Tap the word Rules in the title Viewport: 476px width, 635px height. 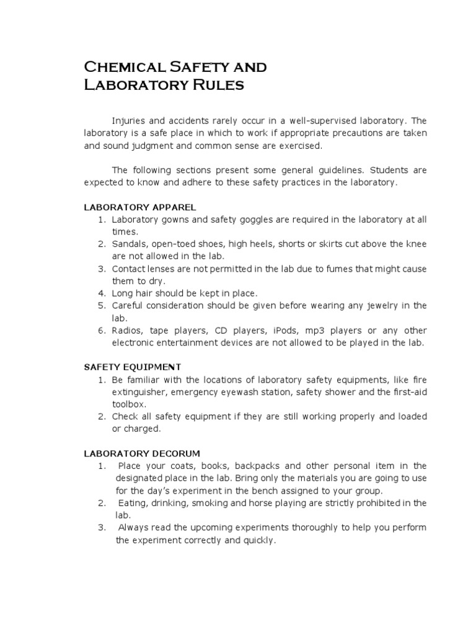[x=217, y=85]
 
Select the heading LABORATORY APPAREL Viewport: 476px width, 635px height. [x=140, y=207]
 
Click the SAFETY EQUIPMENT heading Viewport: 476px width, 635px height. [x=132, y=367]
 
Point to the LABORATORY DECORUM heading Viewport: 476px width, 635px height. [x=142, y=453]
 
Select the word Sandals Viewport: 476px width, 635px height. [x=130, y=244]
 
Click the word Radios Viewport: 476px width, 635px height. [x=128, y=331]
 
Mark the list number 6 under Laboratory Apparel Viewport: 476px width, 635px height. [x=101, y=331]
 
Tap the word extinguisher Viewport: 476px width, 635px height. [x=139, y=392]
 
